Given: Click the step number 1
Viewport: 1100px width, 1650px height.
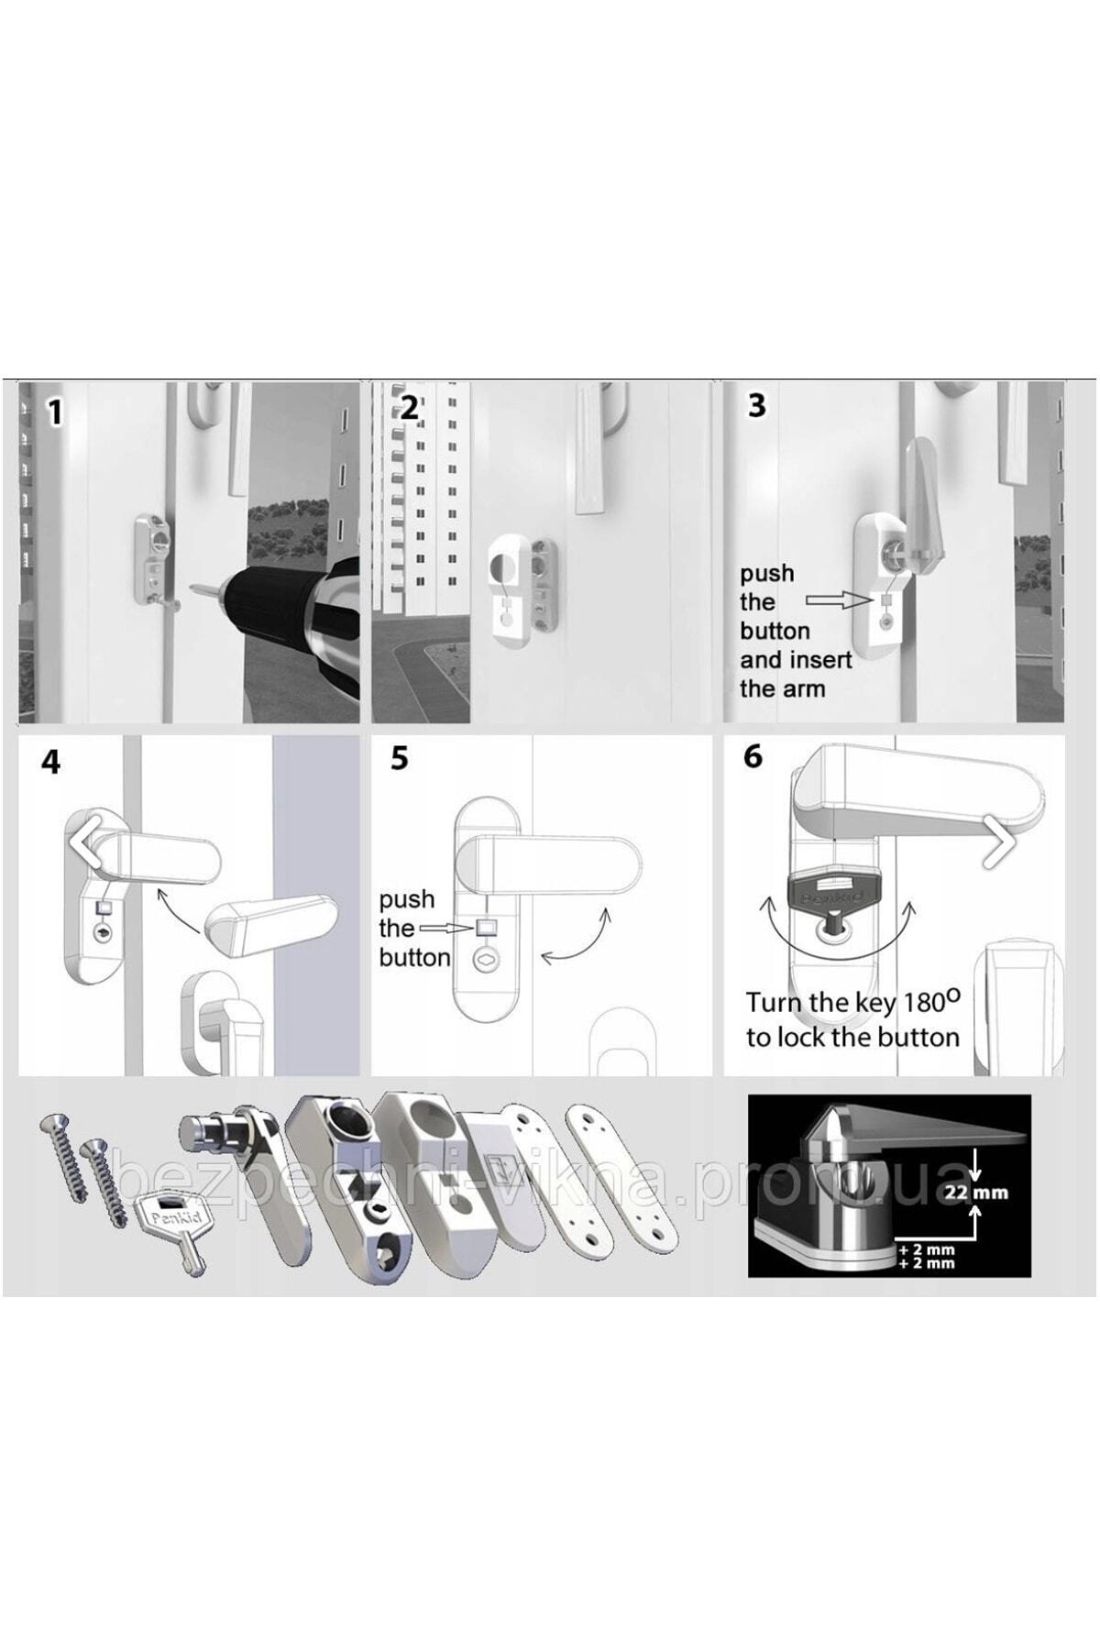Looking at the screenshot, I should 55,412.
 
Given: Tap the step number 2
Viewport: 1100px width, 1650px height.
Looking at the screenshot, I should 409,407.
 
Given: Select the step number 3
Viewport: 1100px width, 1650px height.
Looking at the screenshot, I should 756,405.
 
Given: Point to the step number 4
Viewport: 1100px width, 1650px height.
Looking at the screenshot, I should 51,762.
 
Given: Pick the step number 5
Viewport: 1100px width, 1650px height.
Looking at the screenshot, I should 399,759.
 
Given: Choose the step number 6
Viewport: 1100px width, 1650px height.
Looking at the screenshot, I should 753,756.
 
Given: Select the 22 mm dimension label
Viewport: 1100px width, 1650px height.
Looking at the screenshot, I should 976,1193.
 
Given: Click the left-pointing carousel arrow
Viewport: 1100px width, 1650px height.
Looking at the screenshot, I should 85,842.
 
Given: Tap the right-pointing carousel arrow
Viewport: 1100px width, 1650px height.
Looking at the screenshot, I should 999,842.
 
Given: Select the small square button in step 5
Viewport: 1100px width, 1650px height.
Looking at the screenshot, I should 484,927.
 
